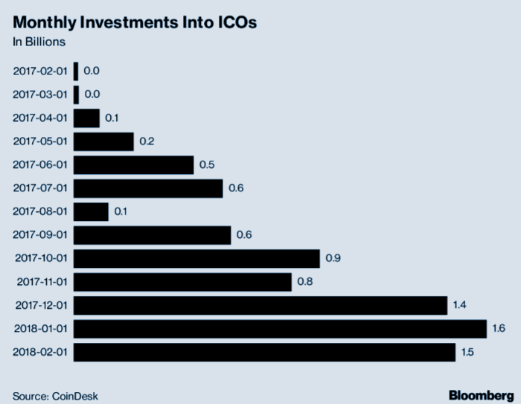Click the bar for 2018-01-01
click(x=280, y=328)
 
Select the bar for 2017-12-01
click(x=260, y=305)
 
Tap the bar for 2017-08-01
click(x=91, y=211)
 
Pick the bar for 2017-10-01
click(x=196, y=258)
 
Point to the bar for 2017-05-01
click(x=103, y=141)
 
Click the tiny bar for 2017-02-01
click(x=76, y=71)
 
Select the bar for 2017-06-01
click(x=133, y=164)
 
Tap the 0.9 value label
click(x=333, y=258)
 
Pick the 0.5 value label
click(x=208, y=164)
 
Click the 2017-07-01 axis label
click(x=41, y=188)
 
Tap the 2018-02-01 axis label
click(x=41, y=352)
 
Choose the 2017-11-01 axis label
click(x=41, y=282)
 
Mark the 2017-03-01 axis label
click(x=41, y=94)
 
